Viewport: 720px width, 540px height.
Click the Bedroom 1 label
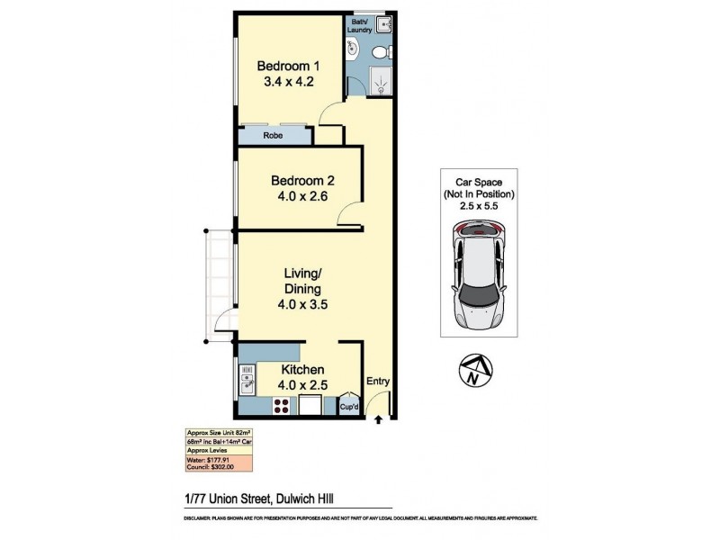(x=288, y=66)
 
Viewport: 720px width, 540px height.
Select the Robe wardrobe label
(x=273, y=136)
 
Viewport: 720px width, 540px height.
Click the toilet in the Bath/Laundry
(x=381, y=50)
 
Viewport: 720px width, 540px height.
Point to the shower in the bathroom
(x=382, y=82)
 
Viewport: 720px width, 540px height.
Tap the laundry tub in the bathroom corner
(x=383, y=24)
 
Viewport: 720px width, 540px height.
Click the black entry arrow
(x=379, y=418)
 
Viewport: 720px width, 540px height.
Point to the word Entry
(x=378, y=382)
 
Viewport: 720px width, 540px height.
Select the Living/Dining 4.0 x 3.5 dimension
(x=301, y=304)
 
